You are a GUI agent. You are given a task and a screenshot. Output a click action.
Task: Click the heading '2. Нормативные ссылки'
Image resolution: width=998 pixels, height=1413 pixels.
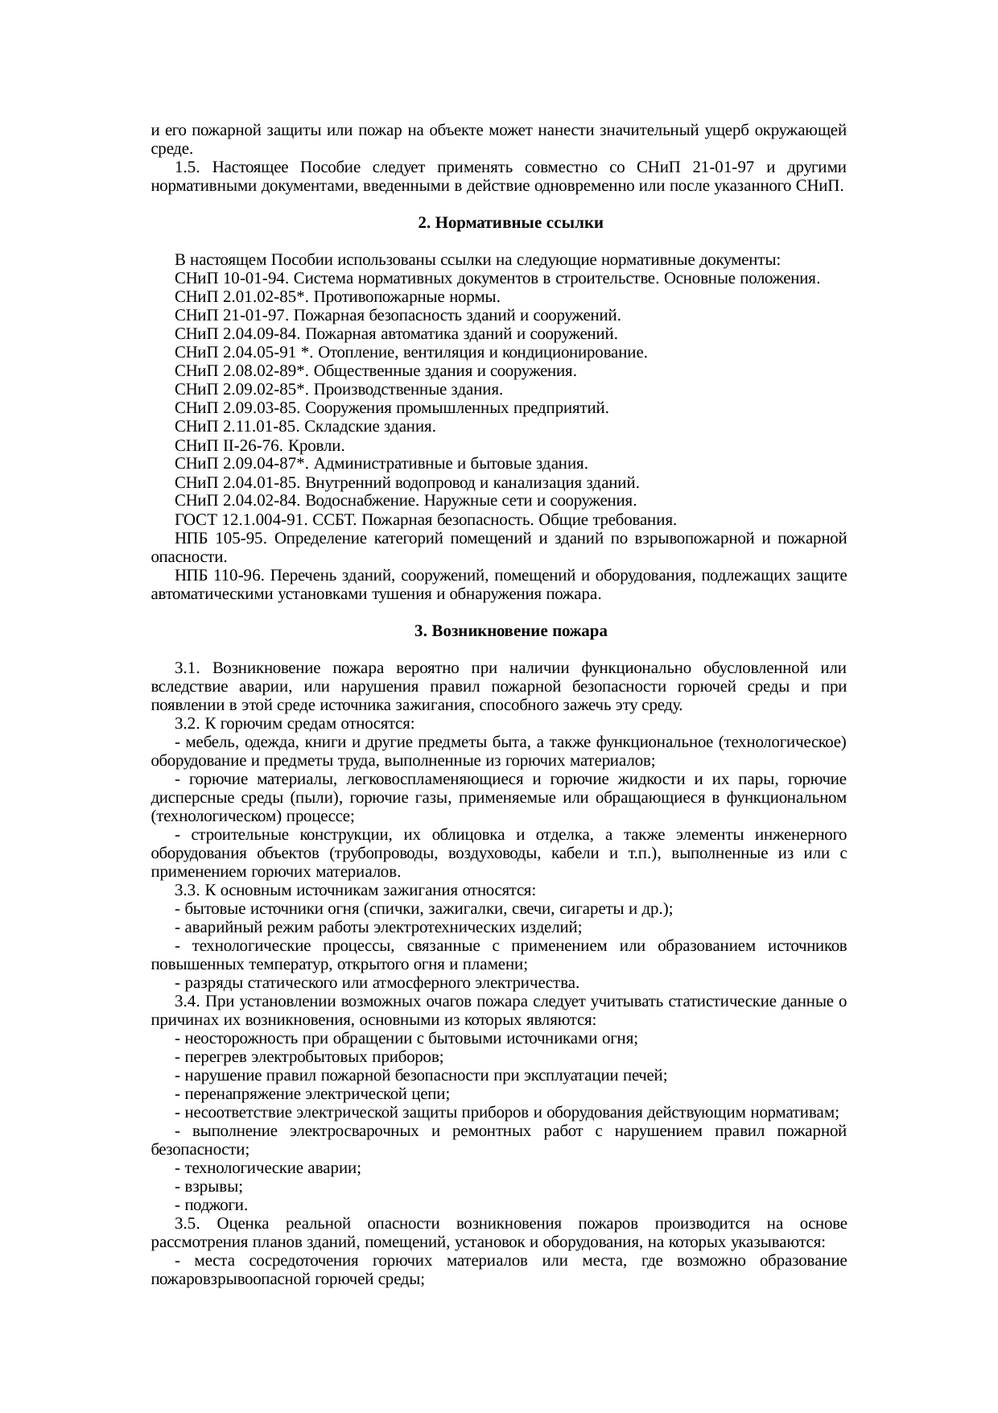[510, 223]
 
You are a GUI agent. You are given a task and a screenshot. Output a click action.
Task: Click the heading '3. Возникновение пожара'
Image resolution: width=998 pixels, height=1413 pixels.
[510, 632]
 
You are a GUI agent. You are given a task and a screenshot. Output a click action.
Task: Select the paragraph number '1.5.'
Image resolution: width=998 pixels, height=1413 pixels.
[187, 168]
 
